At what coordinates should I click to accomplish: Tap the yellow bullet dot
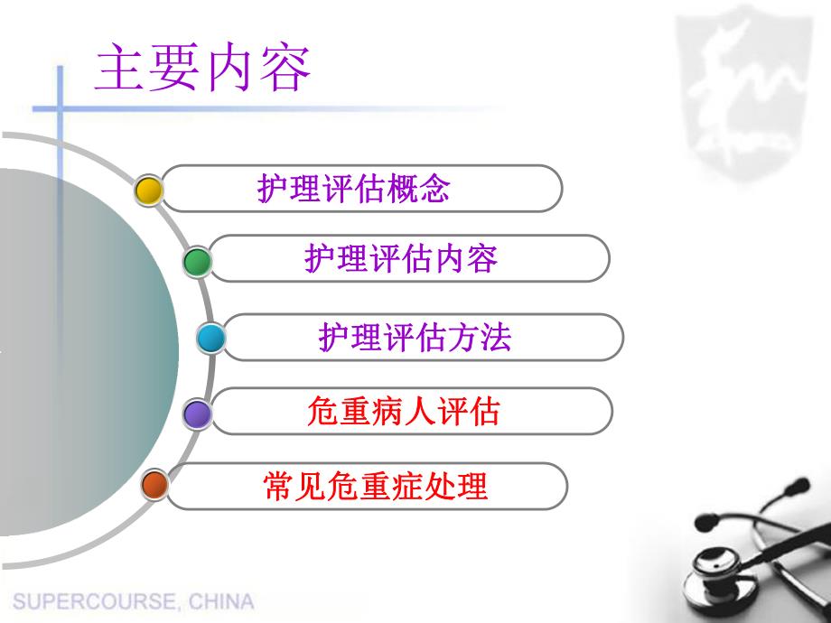pos(148,190)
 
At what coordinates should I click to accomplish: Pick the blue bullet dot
pos(210,338)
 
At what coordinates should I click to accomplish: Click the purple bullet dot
pos(197,414)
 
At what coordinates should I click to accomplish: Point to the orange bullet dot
pos(155,486)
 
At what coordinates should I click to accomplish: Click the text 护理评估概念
pos(354,190)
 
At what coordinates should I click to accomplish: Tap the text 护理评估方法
pos(415,337)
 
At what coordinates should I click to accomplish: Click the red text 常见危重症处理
pos(374,486)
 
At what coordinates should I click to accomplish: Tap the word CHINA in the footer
pos(223,601)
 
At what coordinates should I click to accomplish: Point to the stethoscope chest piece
pos(713,574)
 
